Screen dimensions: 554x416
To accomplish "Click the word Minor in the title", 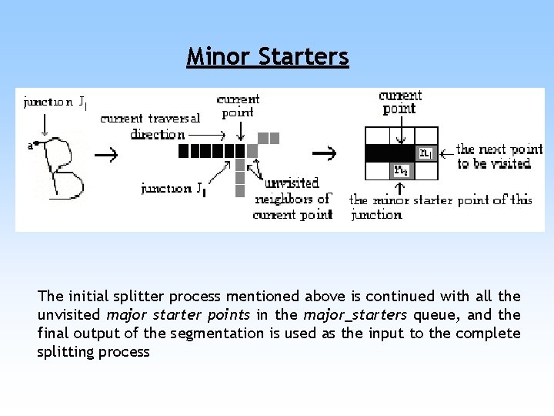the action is click(219, 56).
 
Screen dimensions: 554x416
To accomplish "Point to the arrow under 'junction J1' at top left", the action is click(45, 122).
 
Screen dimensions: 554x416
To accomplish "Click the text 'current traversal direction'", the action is click(150, 126).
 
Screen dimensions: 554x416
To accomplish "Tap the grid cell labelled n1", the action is click(426, 153).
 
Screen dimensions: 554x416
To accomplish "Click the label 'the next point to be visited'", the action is click(499, 156).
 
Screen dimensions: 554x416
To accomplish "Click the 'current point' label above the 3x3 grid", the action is click(400, 102).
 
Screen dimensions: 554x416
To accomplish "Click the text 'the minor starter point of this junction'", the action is click(440, 206).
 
